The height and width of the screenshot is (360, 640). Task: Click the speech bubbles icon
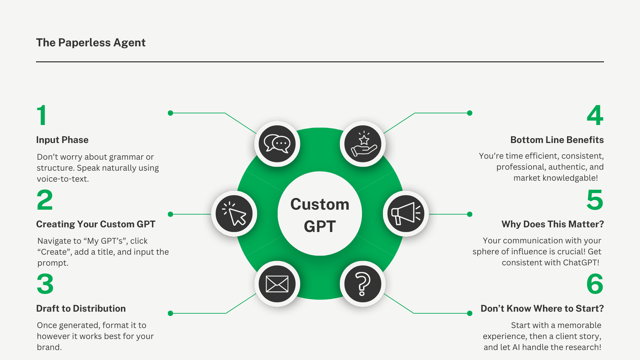[x=277, y=144]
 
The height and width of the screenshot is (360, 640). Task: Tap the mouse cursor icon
[x=234, y=214]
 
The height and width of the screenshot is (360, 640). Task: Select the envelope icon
[x=277, y=284]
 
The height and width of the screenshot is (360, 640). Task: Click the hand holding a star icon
[x=363, y=144]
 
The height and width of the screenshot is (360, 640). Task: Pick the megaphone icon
[x=406, y=214]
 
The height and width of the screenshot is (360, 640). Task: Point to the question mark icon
[x=363, y=284]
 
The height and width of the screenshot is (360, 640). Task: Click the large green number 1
[x=42, y=115]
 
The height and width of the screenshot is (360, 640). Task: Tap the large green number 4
[x=595, y=115]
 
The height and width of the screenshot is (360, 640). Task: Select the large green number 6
[x=595, y=284]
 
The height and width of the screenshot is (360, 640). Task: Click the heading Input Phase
[x=62, y=140]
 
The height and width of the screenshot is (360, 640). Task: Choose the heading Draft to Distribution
[x=81, y=309]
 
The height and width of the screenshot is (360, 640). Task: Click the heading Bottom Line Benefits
[x=557, y=140]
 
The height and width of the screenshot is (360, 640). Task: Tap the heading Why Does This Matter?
[x=553, y=224]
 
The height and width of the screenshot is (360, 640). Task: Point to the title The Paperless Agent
[x=91, y=43]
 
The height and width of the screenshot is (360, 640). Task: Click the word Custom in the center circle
[x=320, y=204]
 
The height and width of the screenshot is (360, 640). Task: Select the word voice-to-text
[x=63, y=179]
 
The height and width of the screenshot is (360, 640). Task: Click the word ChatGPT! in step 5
[x=581, y=263]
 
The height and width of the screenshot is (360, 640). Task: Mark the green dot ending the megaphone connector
[x=470, y=214]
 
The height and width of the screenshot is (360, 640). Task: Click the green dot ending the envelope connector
[x=170, y=313]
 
